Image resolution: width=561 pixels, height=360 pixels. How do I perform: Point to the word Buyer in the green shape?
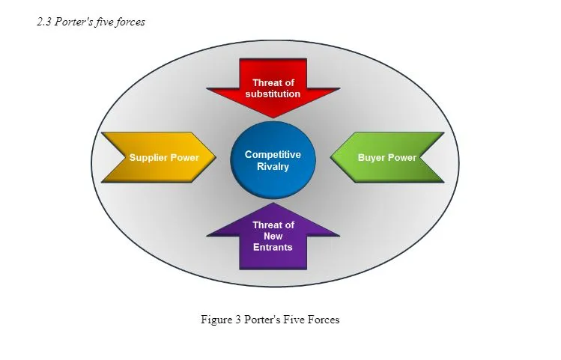click(x=372, y=158)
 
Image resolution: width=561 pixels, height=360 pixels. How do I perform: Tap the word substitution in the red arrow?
click(x=273, y=94)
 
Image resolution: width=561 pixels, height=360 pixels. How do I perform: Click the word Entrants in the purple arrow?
click(x=273, y=247)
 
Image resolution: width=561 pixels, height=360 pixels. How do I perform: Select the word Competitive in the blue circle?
click(x=273, y=155)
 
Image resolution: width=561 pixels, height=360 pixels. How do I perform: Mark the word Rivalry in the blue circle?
click(x=273, y=166)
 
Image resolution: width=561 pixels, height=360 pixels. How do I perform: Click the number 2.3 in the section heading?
click(x=44, y=22)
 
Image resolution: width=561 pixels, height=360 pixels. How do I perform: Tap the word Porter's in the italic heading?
click(x=74, y=22)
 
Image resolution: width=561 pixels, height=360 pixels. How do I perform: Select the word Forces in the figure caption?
click(x=324, y=320)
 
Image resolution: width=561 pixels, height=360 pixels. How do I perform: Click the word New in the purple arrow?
click(x=273, y=236)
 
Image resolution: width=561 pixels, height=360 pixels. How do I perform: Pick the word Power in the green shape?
click(x=402, y=158)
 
